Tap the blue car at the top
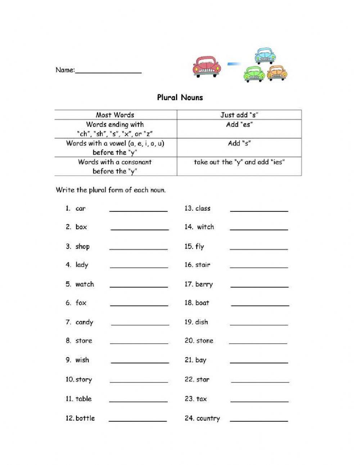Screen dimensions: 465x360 [x=265, y=55]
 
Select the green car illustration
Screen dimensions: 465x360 [x=254, y=74]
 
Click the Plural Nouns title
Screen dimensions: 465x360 [x=180, y=98]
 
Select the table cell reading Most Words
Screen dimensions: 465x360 [x=115, y=115]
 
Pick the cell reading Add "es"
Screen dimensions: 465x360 [x=239, y=125]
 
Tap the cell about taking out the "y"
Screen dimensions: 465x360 [x=239, y=162]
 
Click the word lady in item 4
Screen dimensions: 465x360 [x=82, y=265]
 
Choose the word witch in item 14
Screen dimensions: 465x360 [x=205, y=227]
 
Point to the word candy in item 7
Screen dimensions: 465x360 [x=84, y=322]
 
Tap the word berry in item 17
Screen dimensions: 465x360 [x=204, y=285]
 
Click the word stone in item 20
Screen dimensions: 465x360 [x=204, y=341]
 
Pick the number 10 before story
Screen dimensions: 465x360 [x=69, y=379]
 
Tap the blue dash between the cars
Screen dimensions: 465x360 [x=234, y=64]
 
